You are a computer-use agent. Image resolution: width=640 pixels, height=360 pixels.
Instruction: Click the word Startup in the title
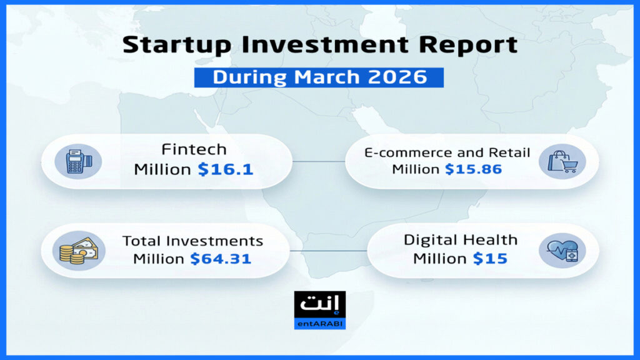tap(177, 45)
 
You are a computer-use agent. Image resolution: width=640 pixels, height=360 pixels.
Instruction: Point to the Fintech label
tap(194, 149)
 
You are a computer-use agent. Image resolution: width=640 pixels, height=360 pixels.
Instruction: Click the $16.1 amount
tap(226, 169)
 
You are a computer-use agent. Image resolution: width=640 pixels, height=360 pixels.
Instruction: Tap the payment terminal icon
tap(78, 162)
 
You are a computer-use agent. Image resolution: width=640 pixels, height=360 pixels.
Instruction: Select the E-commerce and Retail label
tap(447, 152)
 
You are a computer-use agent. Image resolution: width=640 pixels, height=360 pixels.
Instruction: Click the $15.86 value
tap(474, 169)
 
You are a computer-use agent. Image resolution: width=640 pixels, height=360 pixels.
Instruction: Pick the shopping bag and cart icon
tap(562, 162)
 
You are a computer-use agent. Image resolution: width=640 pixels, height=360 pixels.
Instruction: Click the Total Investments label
tap(192, 241)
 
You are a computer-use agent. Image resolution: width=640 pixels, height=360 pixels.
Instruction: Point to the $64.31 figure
tap(221, 258)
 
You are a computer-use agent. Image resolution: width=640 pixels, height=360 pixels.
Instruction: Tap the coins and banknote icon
tap(79, 251)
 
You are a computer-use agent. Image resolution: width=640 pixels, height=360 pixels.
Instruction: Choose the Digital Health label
tap(461, 239)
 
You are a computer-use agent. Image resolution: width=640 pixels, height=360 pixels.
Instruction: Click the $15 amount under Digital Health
tap(490, 258)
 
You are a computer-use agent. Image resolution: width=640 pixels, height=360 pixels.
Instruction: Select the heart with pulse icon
tap(562, 251)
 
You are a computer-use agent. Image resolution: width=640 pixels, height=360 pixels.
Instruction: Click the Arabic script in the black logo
tap(320, 303)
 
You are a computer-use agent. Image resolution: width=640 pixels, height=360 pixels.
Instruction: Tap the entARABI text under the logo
tap(320, 324)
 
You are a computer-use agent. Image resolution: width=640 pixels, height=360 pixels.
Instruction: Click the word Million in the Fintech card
tap(162, 169)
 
